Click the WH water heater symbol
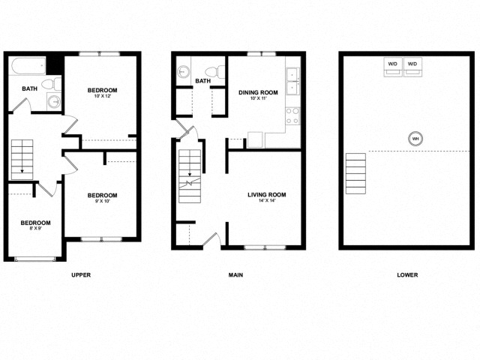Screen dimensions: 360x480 (x=415, y=138)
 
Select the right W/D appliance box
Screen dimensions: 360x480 (x=412, y=67)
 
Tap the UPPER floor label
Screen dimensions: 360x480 (x=81, y=275)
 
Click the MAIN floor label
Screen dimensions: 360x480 (x=235, y=275)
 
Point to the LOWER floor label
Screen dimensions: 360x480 (x=407, y=275)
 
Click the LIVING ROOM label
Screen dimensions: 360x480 (x=267, y=194)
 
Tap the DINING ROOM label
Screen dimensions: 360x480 (x=258, y=93)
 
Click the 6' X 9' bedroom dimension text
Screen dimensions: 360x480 (x=35, y=229)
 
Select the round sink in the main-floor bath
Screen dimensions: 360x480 (x=182, y=73)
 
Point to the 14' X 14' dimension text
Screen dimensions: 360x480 (x=267, y=201)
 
